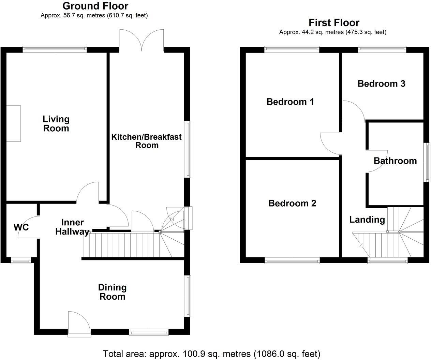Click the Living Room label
[x=56, y=124]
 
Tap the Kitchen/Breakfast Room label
[x=147, y=141]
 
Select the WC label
[x=21, y=227]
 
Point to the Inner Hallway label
[x=72, y=227]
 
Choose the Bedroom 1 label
[x=290, y=102]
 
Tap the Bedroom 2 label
[x=292, y=203]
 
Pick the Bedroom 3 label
[x=381, y=84]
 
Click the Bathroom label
[x=395, y=161]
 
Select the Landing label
[x=367, y=220]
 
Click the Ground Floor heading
[x=95, y=6]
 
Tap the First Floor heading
[x=334, y=22]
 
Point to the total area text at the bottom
[x=211, y=354]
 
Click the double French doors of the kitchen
[x=142, y=41]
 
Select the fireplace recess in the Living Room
[x=14, y=123]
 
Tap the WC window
[x=21, y=261]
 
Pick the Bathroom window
[x=427, y=162]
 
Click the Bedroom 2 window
[x=292, y=261]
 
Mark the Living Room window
[x=55, y=49]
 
